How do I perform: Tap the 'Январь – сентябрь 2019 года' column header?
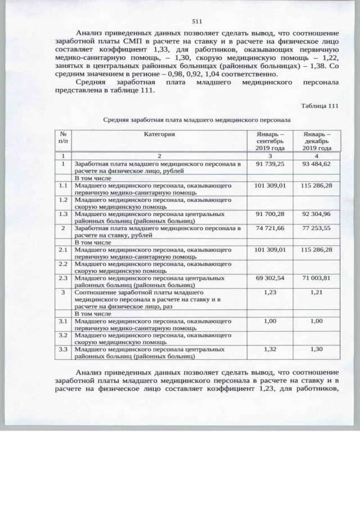tap(270, 141)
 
